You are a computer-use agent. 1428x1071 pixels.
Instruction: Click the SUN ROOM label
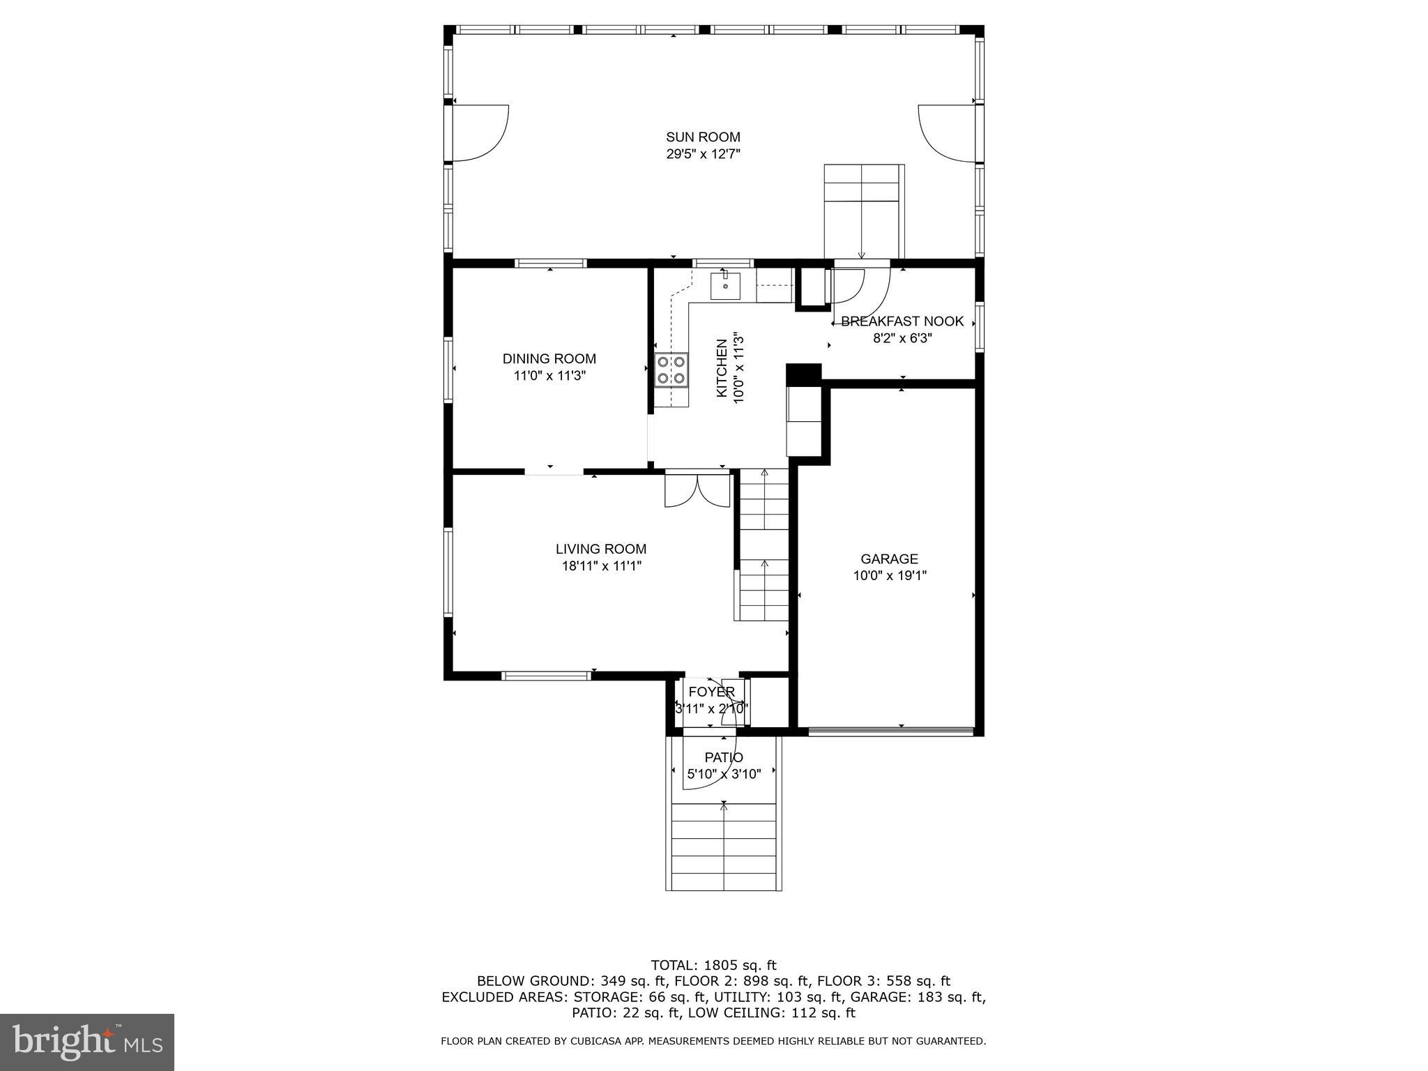pos(703,137)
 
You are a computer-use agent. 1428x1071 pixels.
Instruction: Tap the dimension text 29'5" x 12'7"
pos(703,154)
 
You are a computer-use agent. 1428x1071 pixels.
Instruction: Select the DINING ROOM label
pos(549,359)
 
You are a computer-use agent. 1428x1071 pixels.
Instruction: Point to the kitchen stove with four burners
pos(671,370)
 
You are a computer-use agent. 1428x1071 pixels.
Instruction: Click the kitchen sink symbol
pos(725,286)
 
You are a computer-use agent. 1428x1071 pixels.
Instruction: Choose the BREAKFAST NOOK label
pos(902,321)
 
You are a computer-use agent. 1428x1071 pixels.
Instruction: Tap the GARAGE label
pos(889,559)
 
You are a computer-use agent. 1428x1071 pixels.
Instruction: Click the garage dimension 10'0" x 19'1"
pos(889,576)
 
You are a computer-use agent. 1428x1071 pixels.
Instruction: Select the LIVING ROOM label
pos(601,549)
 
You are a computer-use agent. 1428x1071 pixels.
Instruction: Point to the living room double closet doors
pos(697,489)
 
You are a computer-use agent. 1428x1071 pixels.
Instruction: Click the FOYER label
pos(711,692)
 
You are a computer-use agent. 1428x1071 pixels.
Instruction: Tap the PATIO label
pos(724,758)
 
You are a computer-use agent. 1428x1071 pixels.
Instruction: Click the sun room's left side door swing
pos(480,132)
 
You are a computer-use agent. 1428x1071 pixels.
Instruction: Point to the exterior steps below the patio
pos(724,846)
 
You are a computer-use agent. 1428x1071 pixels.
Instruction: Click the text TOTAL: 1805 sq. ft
pos(713,966)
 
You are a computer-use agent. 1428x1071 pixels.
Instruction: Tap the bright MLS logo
pos(87,1042)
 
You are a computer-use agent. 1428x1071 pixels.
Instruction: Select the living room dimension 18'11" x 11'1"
pos(601,566)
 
